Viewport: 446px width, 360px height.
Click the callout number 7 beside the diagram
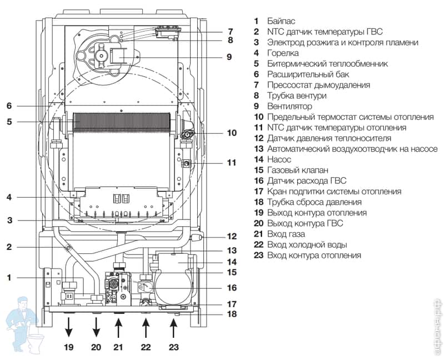pyautogui.click(x=230, y=31)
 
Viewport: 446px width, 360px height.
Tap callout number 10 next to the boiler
pyautogui.click(x=232, y=133)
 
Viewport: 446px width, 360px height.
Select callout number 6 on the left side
pyautogui.click(x=9, y=106)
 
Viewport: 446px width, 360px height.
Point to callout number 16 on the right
pyautogui.click(x=232, y=288)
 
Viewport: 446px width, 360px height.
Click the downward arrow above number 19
pyautogui.click(x=68, y=327)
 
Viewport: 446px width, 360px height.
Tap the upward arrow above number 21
pyautogui.click(x=118, y=327)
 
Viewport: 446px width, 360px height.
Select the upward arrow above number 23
pyautogui.click(x=173, y=327)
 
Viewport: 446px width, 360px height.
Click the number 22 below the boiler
pyautogui.click(x=146, y=347)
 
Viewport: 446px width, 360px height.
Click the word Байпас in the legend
pyautogui.click(x=281, y=21)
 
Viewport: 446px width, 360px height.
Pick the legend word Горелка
pyautogui.click(x=283, y=53)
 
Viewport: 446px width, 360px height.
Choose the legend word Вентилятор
pyautogui.click(x=289, y=107)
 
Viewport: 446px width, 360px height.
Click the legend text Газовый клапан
pyautogui.click(x=298, y=170)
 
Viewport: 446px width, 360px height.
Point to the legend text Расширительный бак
pyautogui.click(x=308, y=74)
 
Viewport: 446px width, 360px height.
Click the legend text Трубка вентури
pyautogui.click(x=297, y=96)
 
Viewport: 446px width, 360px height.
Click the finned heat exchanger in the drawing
pyautogui.click(x=122, y=123)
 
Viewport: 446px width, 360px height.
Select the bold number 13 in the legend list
pyautogui.click(x=259, y=149)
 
